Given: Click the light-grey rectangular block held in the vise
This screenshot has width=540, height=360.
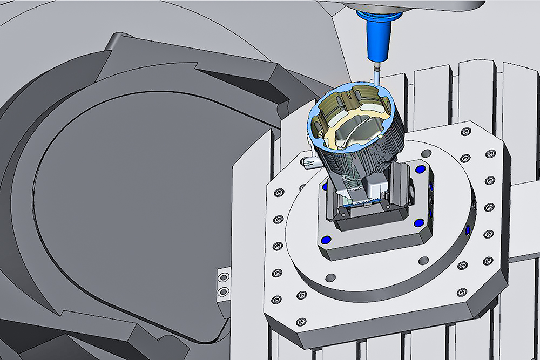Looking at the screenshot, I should click(373, 186).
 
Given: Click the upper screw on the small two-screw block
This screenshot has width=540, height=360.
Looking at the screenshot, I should click(222, 277).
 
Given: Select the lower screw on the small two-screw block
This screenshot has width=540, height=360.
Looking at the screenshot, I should click(222, 292).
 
